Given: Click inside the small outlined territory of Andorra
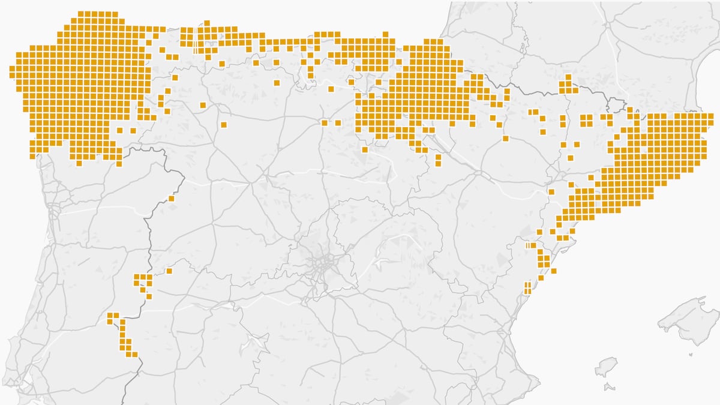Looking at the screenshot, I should [616, 106].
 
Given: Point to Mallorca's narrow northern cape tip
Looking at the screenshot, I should [702, 299].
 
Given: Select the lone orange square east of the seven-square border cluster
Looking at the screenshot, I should [169, 271].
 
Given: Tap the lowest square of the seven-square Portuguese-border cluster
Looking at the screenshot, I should [149, 296].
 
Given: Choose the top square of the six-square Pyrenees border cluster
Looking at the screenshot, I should [568, 77].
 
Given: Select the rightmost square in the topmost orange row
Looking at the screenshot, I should [115, 14].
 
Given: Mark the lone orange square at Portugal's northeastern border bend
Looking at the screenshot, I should [171, 199].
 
